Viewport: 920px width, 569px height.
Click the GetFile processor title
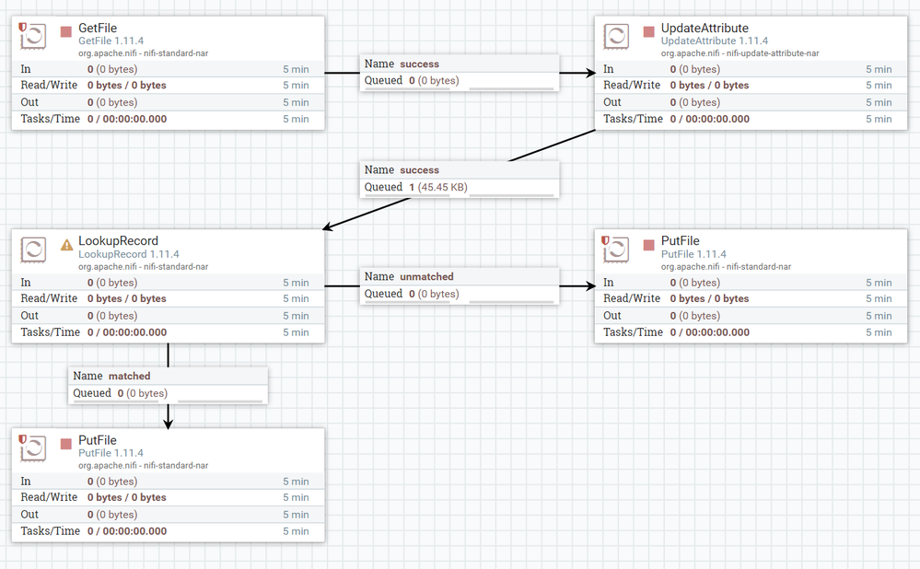pyautogui.click(x=98, y=29)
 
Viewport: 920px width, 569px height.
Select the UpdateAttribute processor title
pyautogui.click(x=705, y=29)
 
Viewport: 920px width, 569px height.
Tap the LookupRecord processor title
pyautogui.click(x=118, y=241)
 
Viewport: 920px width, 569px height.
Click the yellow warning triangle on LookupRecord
pyautogui.click(x=67, y=245)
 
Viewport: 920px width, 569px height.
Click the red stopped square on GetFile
pyautogui.click(x=66, y=31)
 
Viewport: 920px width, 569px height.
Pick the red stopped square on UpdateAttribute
pyautogui.click(x=649, y=31)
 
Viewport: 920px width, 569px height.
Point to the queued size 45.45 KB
pyautogui.click(x=442, y=187)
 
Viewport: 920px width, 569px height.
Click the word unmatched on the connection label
pyautogui.click(x=426, y=276)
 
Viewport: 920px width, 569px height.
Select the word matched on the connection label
pyautogui.click(x=129, y=376)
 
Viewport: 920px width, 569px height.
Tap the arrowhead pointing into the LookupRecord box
pyautogui.click(x=328, y=227)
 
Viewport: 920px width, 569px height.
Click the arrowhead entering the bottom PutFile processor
pyautogui.click(x=169, y=424)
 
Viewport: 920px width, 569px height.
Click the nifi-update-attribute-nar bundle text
pyautogui.click(x=773, y=53)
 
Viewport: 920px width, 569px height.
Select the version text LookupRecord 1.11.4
pyautogui.click(x=129, y=254)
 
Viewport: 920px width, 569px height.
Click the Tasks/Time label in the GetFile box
pyautogui.click(x=51, y=119)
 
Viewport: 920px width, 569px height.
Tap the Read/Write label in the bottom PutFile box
pyautogui.click(x=50, y=497)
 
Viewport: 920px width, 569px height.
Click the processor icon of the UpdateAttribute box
pyautogui.click(x=616, y=37)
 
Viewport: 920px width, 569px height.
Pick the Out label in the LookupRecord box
pyautogui.click(x=29, y=316)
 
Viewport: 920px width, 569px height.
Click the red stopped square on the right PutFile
pyautogui.click(x=649, y=245)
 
